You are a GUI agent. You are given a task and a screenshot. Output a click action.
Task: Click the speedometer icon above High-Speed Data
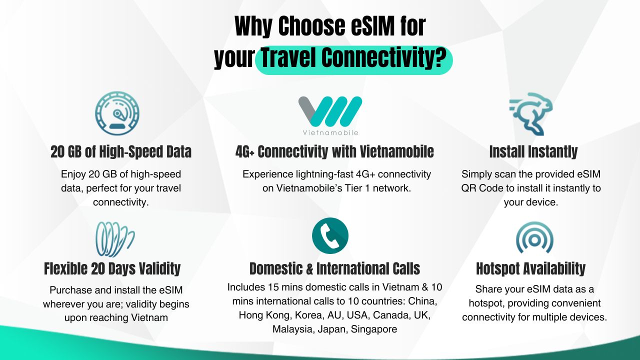coord(117,113)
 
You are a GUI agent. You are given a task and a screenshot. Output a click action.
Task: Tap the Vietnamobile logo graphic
coord(330,111)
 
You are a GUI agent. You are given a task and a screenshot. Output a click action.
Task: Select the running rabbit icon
coord(531,113)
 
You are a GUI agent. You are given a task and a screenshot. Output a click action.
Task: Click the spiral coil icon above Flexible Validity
coord(115,239)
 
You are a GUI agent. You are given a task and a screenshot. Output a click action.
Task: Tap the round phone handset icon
coord(330,235)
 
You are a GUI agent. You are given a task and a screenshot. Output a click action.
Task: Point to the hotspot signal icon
coord(534,237)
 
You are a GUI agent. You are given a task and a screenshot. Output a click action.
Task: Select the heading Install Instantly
coord(533,151)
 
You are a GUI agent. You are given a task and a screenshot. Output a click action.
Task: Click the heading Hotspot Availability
coord(531,268)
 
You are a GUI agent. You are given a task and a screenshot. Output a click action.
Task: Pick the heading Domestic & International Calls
coord(334,268)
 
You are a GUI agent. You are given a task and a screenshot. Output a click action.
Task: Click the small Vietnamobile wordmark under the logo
coord(330,132)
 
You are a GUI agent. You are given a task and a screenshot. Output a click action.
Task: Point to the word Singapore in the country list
coord(374,329)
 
